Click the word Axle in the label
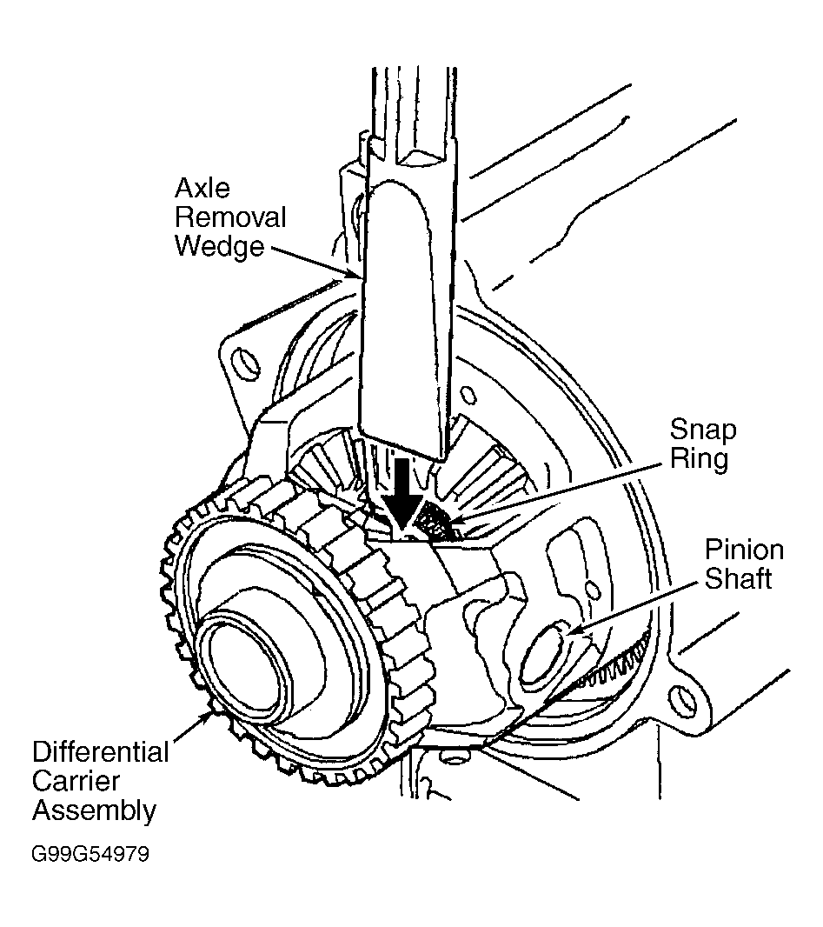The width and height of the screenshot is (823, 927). [202, 189]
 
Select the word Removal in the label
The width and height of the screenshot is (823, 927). [230, 217]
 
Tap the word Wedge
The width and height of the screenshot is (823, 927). [219, 246]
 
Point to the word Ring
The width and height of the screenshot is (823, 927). [699, 459]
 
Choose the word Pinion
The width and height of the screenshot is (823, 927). [744, 550]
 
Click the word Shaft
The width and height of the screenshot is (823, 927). [738, 579]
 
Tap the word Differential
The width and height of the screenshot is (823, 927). [101, 752]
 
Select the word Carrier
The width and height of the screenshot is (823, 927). [76, 782]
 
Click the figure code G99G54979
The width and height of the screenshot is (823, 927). [90, 854]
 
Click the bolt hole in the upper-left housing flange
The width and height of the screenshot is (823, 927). [245, 364]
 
